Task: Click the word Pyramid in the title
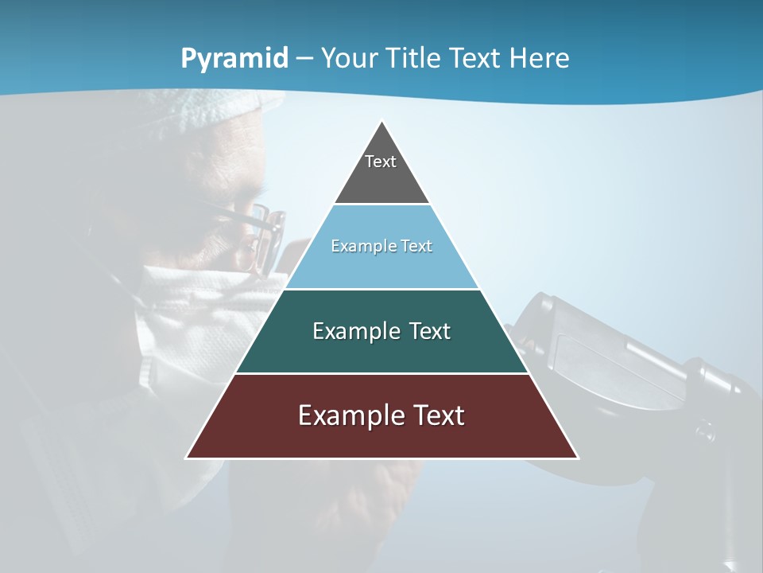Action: [x=234, y=59]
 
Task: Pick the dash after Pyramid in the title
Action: [x=304, y=59]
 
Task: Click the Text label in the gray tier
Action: [x=381, y=162]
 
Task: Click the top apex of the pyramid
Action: [x=382, y=122]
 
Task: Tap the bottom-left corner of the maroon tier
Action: [x=187, y=458]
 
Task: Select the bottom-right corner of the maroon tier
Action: [x=578, y=458]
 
